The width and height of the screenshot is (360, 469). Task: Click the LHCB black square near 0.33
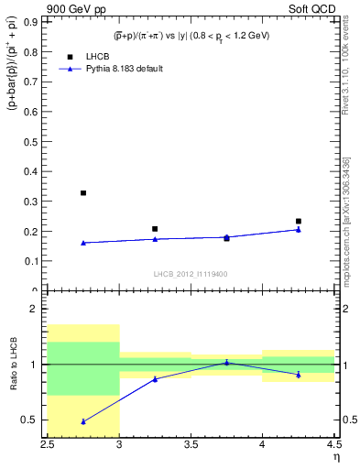point(83,192)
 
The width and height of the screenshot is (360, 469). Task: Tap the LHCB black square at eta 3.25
point(155,229)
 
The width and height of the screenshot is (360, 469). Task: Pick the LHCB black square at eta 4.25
point(299,221)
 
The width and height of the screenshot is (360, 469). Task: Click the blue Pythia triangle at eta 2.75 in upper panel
point(83,243)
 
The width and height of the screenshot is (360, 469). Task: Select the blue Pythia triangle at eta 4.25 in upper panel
point(299,229)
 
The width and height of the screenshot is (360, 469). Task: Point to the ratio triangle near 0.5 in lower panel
point(83,421)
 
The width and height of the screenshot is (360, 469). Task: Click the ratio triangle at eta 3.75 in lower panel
point(226,362)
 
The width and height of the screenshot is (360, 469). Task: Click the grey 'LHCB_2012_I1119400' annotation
point(190,274)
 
